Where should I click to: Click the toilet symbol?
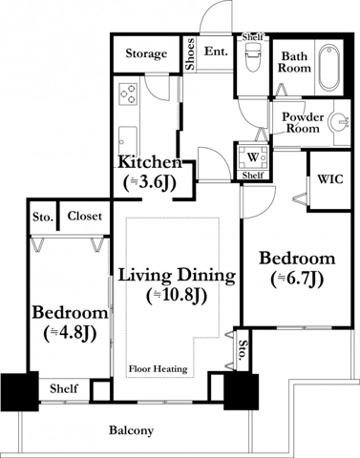252,57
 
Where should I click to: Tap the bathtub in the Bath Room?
329,68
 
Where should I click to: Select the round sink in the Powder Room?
339,122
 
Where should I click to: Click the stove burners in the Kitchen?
128,94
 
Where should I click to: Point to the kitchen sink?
128,141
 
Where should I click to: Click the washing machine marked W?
253,157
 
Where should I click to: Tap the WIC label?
330,179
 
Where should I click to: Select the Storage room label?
146,53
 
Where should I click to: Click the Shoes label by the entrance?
190,54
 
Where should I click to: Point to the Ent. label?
216,52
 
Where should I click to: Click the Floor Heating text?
158,369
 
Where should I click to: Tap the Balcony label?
131,430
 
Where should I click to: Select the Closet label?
85,217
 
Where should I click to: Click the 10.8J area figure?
177,296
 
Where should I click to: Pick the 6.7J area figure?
297,280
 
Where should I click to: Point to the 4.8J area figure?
70,334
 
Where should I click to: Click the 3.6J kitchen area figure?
150,184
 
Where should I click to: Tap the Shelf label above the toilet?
252,37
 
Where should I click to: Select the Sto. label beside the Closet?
43,218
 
